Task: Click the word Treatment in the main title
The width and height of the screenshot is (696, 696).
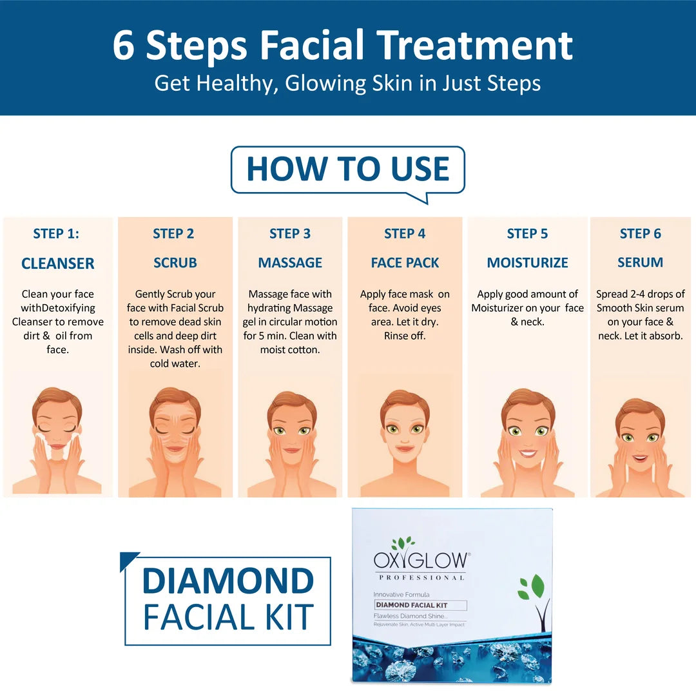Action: click(x=474, y=45)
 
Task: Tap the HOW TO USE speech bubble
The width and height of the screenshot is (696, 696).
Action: click(x=347, y=169)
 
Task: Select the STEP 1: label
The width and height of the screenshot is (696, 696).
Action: click(x=56, y=234)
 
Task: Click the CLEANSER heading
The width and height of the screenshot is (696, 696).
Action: click(x=58, y=263)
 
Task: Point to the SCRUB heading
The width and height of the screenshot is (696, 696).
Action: click(x=175, y=263)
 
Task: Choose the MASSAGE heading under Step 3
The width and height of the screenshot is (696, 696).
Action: click(x=290, y=263)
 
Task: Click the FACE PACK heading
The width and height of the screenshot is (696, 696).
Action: click(x=405, y=263)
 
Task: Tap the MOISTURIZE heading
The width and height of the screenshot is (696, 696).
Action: click(x=527, y=263)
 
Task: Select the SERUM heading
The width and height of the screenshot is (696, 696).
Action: click(x=640, y=263)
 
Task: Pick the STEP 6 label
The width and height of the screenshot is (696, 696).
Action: click(x=640, y=234)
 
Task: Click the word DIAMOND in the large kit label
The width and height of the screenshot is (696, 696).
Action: click(x=227, y=581)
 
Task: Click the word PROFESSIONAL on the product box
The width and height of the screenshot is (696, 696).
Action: click(x=421, y=577)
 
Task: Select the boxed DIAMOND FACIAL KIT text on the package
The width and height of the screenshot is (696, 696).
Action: click(x=421, y=605)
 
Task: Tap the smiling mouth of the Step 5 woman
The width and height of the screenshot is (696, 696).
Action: click(x=528, y=453)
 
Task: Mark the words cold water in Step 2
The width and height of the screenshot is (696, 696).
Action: click(x=175, y=363)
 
